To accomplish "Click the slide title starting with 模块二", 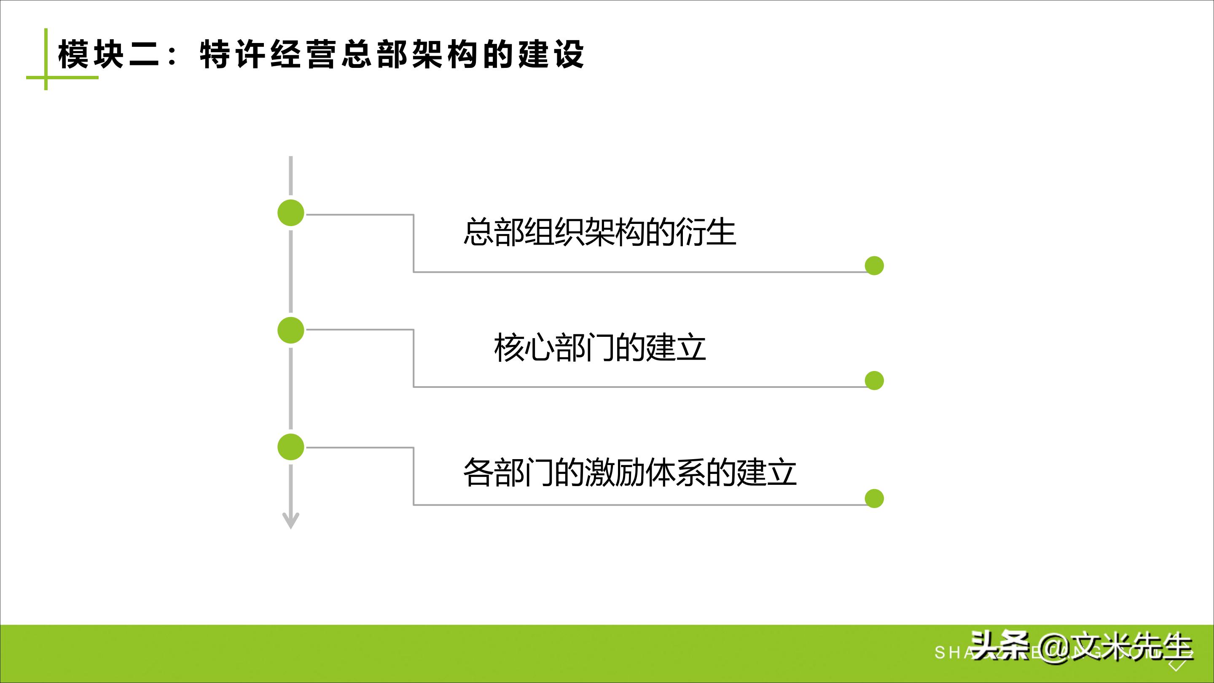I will (320, 55).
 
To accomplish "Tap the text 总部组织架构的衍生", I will (599, 232).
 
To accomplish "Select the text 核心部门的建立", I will (599, 348).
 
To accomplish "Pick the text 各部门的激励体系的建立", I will (630, 472).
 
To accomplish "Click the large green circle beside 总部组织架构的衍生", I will (291, 212).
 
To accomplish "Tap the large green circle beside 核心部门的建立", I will (291, 330).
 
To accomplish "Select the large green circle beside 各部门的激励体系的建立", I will (291, 447).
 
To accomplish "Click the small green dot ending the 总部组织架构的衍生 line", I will (874, 266).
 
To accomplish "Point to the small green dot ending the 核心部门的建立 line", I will (874, 380).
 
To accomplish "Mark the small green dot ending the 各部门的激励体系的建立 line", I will (874, 499).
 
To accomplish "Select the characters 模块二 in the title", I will (108, 55).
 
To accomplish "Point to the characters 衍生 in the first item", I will (706, 232).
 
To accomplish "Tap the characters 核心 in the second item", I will (523, 348).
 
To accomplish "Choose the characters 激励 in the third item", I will (615, 472).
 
